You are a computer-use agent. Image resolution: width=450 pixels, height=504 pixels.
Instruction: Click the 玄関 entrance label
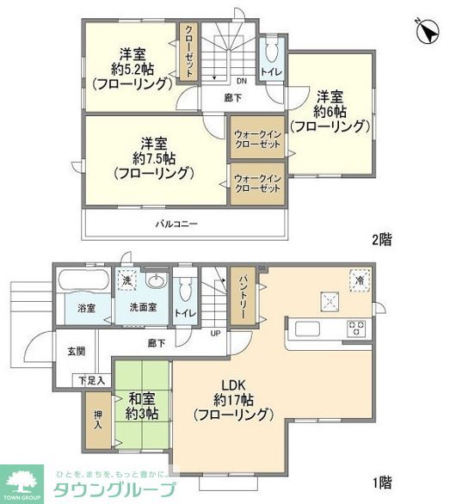coord(76,351)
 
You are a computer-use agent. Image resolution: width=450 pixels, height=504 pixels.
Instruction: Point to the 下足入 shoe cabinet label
coord(92,379)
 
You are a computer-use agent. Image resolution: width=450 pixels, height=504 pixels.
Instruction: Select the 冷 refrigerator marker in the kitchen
coord(357,278)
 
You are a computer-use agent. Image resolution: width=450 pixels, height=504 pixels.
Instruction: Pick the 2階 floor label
coord(381,240)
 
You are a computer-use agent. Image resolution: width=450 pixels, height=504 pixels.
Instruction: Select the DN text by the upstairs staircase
coord(242,82)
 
